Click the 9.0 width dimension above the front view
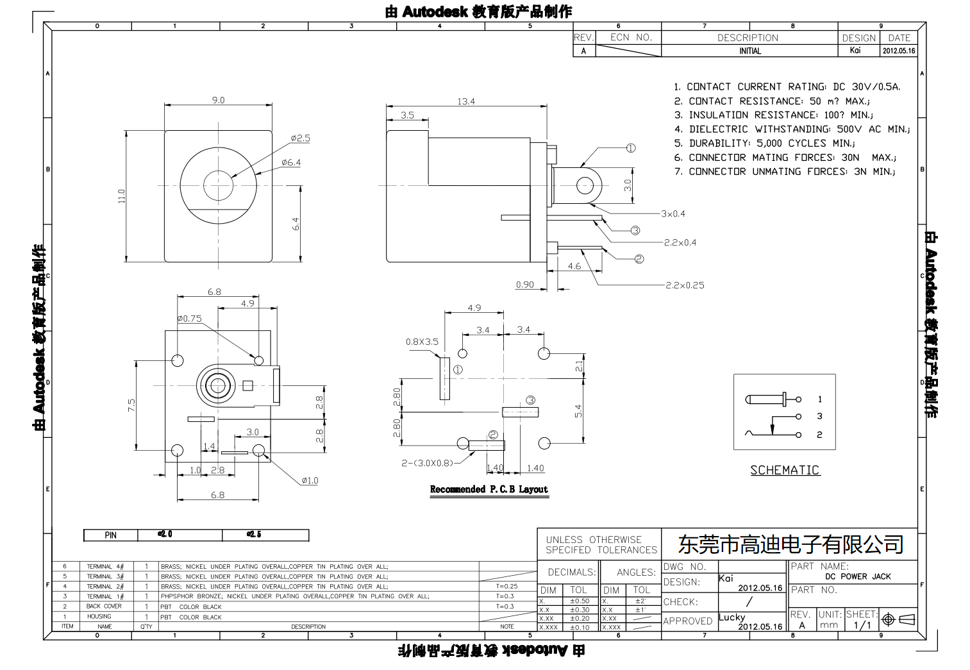(218, 100)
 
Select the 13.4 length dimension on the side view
(466, 101)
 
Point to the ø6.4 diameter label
(291, 163)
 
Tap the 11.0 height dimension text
(121, 196)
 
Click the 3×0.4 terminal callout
(673, 214)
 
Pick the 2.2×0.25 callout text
(685, 285)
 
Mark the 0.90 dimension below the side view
(524, 285)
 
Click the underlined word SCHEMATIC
(785, 470)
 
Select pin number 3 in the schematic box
(819, 416)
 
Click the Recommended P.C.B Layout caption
(489, 489)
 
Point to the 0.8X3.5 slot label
(422, 342)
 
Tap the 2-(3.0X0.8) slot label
(427, 462)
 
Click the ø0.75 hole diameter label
(189, 318)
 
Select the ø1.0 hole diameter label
(310, 480)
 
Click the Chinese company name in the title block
(790, 544)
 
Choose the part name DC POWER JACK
(858, 576)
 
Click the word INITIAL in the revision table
(749, 51)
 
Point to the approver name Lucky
(732, 617)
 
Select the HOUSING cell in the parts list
(99, 616)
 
